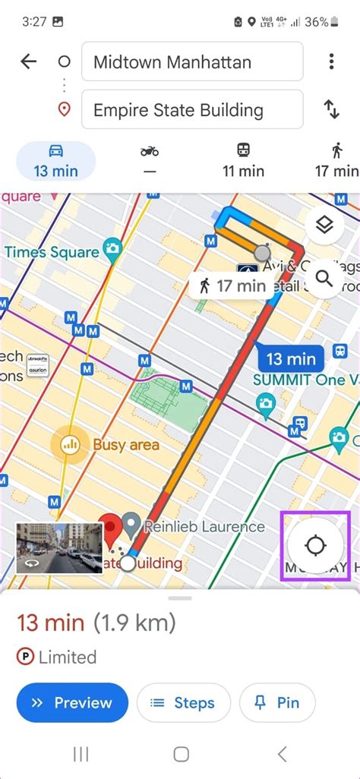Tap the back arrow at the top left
pos(29,62)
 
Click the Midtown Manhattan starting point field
pos(191,62)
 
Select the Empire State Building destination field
pos(191,110)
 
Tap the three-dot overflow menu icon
pos(331,61)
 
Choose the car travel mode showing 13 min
pos(55,161)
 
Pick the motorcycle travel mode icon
pos(150,161)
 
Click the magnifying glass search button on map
pos(324,279)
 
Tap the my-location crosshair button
pos(315,545)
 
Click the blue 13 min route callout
pos(291,358)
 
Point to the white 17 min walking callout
pos(232,286)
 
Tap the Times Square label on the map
pos(52,251)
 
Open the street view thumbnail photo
pos(59,547)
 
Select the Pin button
pos(277,703)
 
